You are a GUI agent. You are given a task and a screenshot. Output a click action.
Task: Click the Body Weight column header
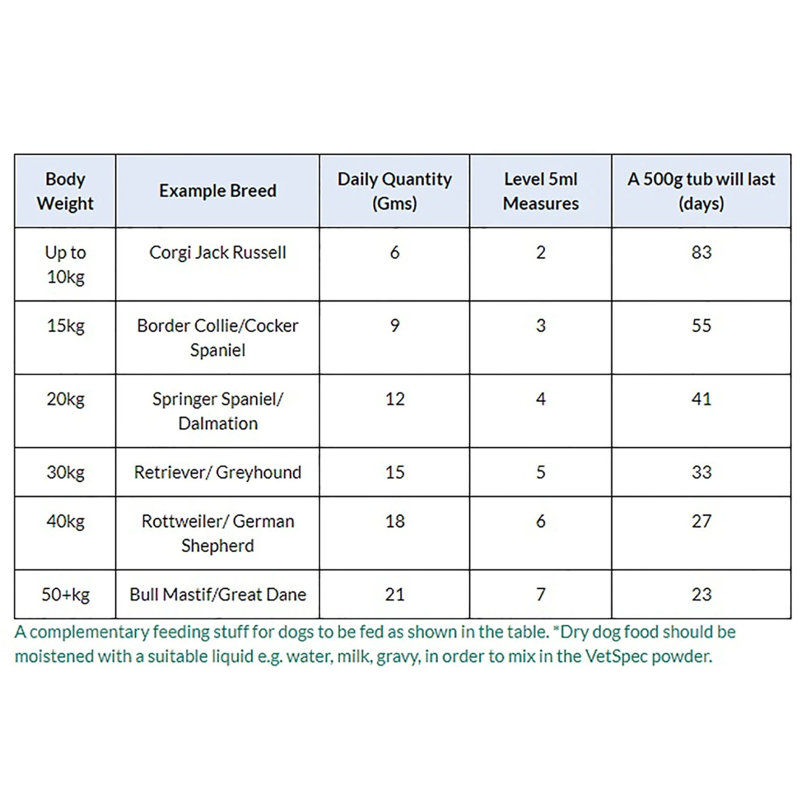[65, 191]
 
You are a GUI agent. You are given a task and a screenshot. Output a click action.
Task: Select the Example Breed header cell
[217, 191]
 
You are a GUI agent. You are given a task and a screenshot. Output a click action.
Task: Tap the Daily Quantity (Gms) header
[394, 191]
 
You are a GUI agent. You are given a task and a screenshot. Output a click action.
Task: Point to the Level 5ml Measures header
[540, 191]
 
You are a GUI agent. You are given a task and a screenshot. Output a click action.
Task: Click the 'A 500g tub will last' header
[701, 191]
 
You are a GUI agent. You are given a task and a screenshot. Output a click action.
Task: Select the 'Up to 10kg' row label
[65, 264]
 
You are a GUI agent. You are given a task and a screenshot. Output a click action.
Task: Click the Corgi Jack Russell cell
[217, 252]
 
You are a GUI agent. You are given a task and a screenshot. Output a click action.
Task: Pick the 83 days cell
[701, 252]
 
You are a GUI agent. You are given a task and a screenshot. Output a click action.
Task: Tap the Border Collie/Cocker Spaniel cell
[217, 338]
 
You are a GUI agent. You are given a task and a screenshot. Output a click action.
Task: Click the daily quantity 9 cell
[394, 326]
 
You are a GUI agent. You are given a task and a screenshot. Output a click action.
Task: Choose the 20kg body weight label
[65, 399]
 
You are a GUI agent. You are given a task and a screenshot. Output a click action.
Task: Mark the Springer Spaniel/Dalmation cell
[217, 411]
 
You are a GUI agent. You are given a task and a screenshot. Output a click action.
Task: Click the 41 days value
[701, 399]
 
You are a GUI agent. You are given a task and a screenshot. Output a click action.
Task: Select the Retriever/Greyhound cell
[217, 472]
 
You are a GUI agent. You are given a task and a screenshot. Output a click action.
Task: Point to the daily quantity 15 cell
[394, 472]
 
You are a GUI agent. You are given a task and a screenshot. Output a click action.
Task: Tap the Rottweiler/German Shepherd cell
[217, 533]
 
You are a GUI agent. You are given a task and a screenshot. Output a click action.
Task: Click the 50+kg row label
[65, 594]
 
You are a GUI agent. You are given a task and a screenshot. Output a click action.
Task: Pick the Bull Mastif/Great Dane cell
[217, 594]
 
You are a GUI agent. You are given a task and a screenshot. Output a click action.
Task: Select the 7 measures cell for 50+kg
[540, 594]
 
